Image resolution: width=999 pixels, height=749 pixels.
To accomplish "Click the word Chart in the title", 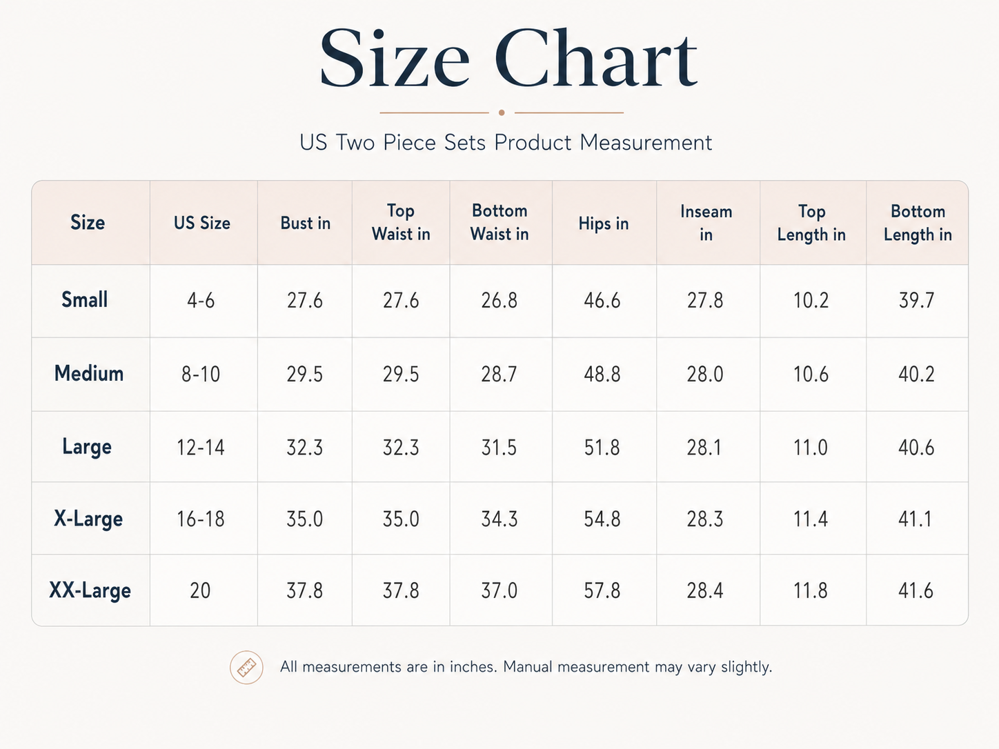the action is point(596,58).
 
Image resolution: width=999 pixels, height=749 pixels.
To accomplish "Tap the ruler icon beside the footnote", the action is point(246,667).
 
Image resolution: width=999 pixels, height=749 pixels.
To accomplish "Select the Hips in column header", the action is point(604,223).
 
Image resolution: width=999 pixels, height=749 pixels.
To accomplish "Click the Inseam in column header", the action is point(706,223).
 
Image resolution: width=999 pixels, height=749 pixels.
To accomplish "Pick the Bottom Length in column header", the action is point(918,223).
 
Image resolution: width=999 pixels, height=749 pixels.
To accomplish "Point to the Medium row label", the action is point(89,373).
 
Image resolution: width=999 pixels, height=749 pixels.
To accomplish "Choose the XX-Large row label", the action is point(90,591).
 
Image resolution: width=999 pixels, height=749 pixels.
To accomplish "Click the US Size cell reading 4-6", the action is point(201,301).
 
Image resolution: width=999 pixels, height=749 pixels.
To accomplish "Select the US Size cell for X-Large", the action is point(201,519).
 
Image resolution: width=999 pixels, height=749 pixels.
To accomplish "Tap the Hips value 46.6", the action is point(602,301).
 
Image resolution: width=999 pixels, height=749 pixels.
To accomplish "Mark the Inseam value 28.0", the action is point(705,374).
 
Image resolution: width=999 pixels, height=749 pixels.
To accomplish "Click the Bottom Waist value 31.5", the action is point(499,448).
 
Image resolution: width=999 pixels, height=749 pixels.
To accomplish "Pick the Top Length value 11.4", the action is point(811,519).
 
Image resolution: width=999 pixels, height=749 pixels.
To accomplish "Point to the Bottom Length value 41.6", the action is point(916,591).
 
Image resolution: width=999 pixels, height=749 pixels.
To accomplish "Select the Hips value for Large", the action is point(602,448).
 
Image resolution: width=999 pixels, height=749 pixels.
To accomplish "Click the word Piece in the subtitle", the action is point(408,142).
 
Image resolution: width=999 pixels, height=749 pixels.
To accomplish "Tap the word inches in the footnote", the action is point(473,667).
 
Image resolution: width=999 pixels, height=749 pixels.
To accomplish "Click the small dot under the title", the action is point(502,112).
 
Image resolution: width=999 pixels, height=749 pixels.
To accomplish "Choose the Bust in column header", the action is point(305,223).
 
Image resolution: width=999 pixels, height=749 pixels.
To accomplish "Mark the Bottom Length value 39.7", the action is point(916,301).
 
